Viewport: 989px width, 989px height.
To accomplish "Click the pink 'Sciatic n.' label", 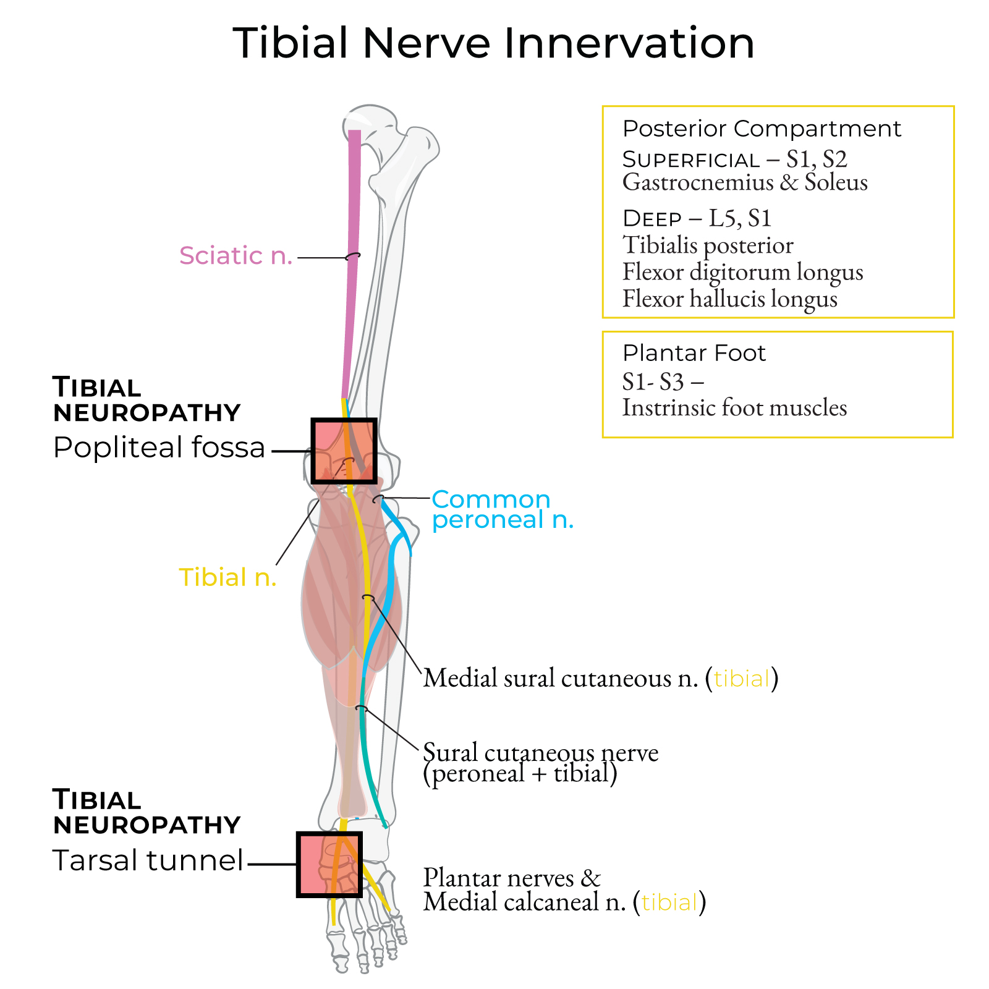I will (x=236, y=255).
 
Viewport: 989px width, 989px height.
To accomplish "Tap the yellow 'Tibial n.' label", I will (x=227, y=577).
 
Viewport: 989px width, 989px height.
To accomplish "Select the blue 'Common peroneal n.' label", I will (x=502, y=509).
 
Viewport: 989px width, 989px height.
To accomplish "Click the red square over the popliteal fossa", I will (x=344, y=451).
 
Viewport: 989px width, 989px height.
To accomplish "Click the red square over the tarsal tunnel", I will (x=329, y=864).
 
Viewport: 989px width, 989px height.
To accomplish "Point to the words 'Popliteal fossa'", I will (x=159, y=447).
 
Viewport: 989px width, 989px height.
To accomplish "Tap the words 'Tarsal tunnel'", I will (x=148, y=860).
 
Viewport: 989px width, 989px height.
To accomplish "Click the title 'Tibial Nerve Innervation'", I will (x=493, y=43).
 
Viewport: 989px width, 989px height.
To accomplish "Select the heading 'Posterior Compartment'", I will (x=762, y=129).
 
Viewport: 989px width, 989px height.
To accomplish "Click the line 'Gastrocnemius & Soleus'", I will (x=745, y=182).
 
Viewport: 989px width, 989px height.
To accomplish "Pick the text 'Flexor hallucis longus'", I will (x=729, y=299).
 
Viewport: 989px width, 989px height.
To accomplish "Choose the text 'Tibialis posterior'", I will (x=708, y=245).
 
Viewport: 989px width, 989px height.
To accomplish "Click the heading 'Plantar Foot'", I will (x=694, y=353).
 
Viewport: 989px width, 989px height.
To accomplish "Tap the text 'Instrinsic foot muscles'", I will (x=734, y=408).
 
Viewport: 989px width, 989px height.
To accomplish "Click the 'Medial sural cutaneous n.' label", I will (x=560, y=678).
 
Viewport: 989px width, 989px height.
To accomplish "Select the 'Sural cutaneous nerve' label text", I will (x=540, y=753).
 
